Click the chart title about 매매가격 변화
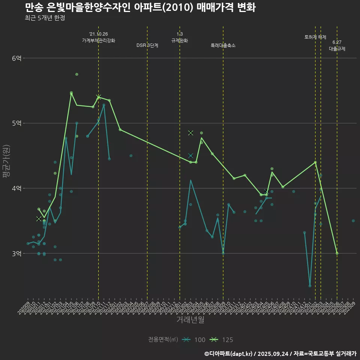click(x=140, y=7)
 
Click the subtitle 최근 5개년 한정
click(x=45, y=18)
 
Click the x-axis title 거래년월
click(x=190, y=319)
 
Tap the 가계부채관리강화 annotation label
click(x=98, y=40)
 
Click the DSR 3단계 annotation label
click(x=147, y=45)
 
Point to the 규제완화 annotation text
click(x=180, y=40)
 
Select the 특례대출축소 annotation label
click(x=223, y=45)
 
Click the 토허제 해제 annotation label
click(x=315, y=37)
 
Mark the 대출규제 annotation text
click(x=337, y=49)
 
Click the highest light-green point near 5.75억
click(x=77, y=74)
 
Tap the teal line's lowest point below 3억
click(x=310, y=286)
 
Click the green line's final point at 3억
click(x=337, y=253)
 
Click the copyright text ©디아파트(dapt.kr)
click(x=229, y=353)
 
